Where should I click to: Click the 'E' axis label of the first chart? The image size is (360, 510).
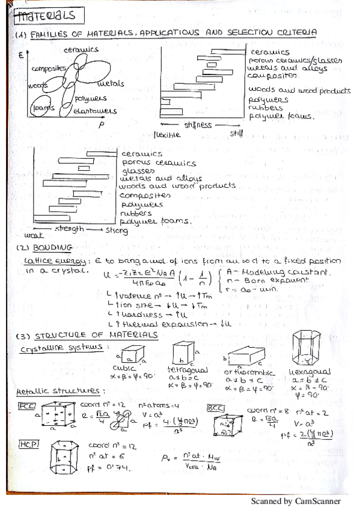pyautogui.click(x=20, y=55)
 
